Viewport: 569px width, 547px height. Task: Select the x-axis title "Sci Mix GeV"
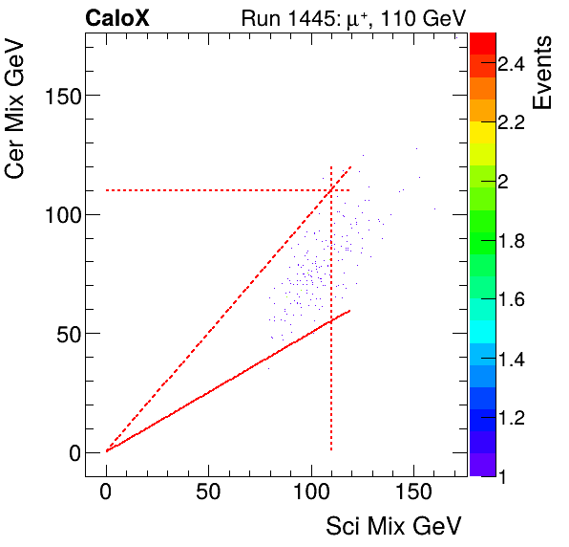(394, 525)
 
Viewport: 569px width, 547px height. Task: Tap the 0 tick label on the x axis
(107, 493)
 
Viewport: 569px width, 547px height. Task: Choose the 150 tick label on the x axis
(413, 493)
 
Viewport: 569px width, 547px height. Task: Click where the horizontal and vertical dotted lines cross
(330, 190)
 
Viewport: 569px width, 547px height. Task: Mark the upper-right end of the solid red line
(350, 310)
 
